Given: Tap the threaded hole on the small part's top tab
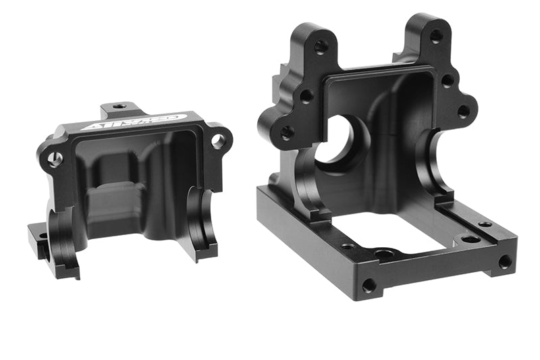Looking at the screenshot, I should coord(119,106).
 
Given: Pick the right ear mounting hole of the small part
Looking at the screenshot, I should coord(218,141).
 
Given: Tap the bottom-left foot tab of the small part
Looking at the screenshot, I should coord(36,236).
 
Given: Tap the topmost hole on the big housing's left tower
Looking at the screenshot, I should coord(321,47).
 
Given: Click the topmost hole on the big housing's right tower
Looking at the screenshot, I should coord(436,36).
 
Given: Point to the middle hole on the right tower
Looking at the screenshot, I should coord(447,80).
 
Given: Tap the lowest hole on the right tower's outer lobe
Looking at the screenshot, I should coord(463,111).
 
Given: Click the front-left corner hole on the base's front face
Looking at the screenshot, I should coord(369,285).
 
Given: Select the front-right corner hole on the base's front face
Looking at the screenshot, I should coord(504,261).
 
